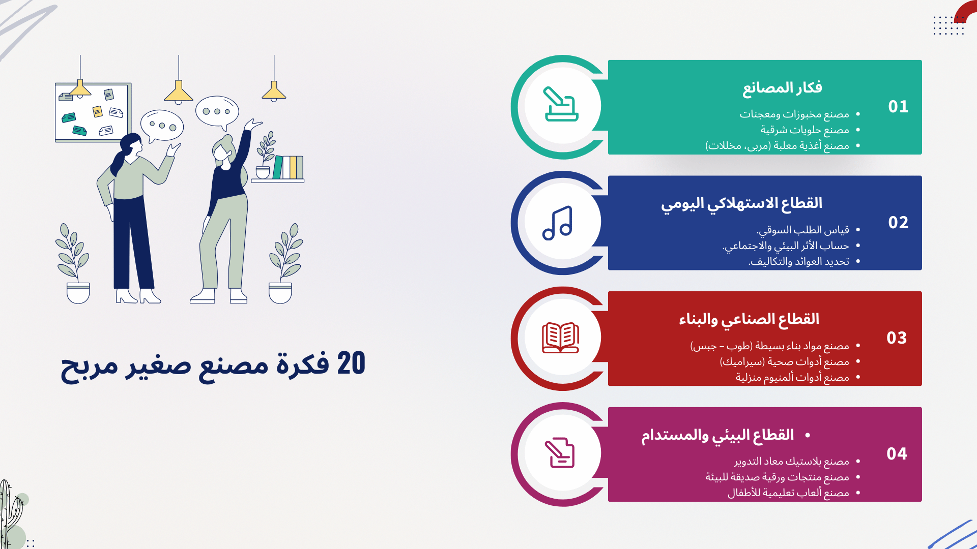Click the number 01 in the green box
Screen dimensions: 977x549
point(898,107)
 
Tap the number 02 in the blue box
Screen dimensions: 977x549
point(898,223)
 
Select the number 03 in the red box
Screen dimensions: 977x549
point(897,338)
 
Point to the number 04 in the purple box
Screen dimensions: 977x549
point(897,454)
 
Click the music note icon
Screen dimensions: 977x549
point(558,223)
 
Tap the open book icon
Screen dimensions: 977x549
point(560,338)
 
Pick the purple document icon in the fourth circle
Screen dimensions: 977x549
point(560,453)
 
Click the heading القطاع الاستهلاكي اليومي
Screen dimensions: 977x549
point(741,204)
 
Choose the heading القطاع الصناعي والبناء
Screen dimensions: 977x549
point(749,319)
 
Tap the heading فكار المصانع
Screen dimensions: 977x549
point(782,88)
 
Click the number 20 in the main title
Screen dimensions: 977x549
point(351,363)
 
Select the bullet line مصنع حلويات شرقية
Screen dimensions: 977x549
point(804,130)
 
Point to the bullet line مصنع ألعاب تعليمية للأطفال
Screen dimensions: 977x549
point(788,493)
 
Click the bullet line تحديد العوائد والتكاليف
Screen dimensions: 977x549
point(799,262)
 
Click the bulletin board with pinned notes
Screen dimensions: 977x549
point(93,113)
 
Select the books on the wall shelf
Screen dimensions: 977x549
point(288,167)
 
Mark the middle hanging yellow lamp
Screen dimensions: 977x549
point(179,91)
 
